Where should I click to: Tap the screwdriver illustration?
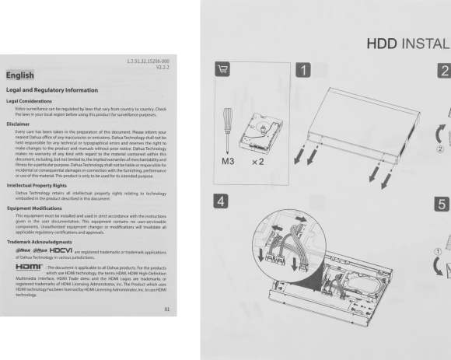click(229, 124)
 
